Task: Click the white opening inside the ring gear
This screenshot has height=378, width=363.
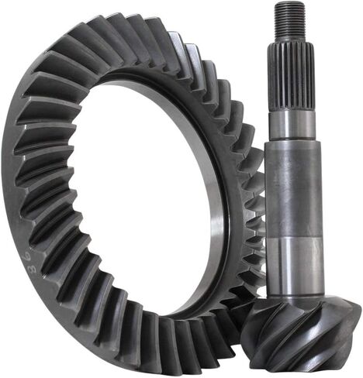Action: click(147, 194)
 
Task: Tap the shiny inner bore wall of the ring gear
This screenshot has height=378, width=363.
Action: click(217, 194)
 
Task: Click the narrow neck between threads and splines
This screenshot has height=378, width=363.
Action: click(291, 39)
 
